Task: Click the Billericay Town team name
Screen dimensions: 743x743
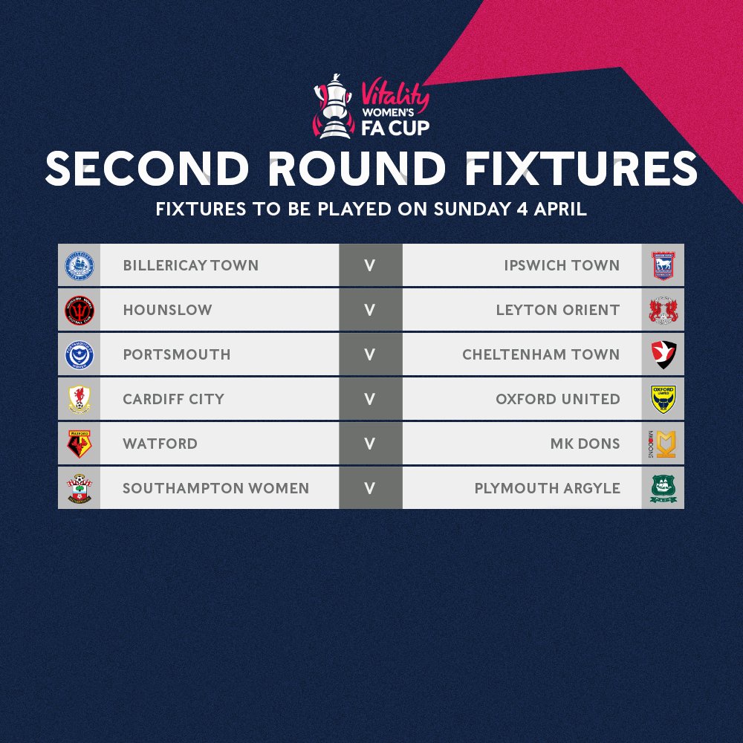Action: click(191, 265)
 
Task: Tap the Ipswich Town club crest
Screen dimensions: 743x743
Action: click(662, 265)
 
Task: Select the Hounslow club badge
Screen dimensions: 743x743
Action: click(80, 310)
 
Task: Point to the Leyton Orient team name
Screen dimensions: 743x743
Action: click(558, 310)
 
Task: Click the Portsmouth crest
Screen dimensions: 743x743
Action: click(80, 354)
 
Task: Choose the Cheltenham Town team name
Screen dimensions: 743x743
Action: click(541, 354)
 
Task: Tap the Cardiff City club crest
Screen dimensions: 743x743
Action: click(80, 399)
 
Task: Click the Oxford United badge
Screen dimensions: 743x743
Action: click(662, 399)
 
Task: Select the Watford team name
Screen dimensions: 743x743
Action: click(160, 444)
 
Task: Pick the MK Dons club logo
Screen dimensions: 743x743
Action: click(662, 444)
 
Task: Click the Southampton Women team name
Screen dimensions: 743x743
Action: click(216, 488)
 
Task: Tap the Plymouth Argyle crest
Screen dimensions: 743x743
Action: click(662, 488)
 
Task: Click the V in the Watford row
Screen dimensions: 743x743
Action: click(370, 444)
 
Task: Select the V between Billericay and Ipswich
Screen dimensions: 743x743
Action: click(370, 265)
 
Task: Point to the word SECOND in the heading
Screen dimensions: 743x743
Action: click(146, 170)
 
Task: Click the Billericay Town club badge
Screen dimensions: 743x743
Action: click(80, 265)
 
